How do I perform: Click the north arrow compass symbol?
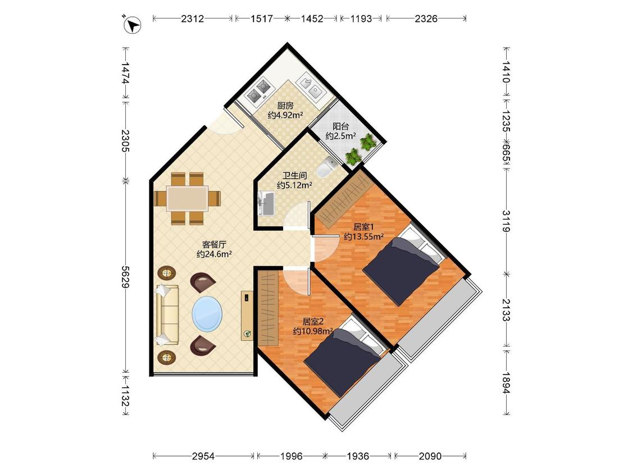[x=132, y=25]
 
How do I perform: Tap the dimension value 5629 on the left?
[x=126, y=277]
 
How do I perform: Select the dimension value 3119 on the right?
[x=506, y=221]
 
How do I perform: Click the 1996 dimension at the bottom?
[x=292, y=456]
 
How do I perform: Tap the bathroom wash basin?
[x=266, y=203]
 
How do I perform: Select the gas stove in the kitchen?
[x=258, y=90]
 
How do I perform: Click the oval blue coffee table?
[x=207, y=313]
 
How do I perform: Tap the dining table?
[x=187, y=198]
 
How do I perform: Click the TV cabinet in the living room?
[x=247, y=316]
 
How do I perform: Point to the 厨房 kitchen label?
[x=285, y=106]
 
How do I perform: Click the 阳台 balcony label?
[x=340, y=126]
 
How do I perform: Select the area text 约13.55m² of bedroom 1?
[x=363, y=236]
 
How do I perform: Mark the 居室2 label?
[x=313, y=321]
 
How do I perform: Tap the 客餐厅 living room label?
[x=214, y=244]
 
